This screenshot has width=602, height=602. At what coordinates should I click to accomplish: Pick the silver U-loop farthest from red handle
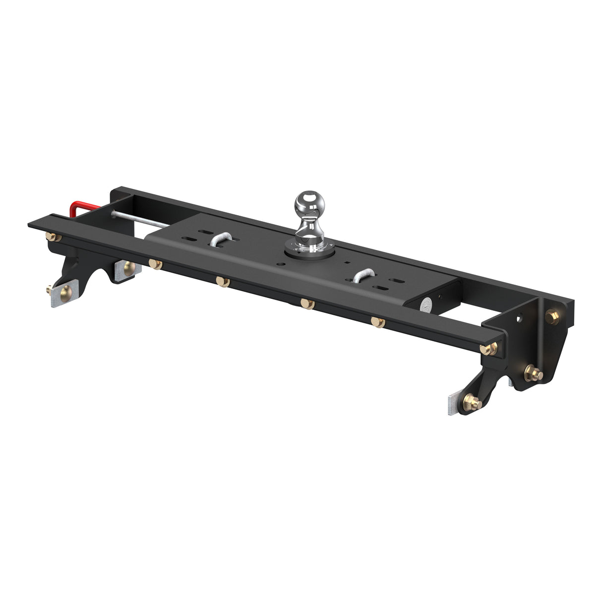point(366,275)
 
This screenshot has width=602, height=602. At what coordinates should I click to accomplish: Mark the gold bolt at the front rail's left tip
point(51,237)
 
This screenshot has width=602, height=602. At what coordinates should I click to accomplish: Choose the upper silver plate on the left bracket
point(127,269)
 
